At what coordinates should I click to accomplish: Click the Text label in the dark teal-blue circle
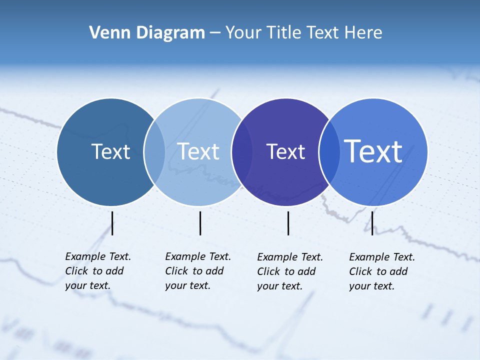pos(110,151)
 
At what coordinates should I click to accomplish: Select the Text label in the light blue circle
pos(198,151)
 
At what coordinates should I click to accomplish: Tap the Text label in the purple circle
pos(285,151)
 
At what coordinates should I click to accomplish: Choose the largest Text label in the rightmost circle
pos(373,151)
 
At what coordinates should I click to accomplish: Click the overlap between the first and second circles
pos(154,152)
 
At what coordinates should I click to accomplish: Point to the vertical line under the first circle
pos(112,223)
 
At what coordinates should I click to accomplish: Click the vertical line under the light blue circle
pos(200,223)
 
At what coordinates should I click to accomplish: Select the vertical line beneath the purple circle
pos(288,223)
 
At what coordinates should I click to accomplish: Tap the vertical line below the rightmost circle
pos(372,223)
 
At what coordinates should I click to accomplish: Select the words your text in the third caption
pos(279,286)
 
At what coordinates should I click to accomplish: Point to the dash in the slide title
pos(215,33)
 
